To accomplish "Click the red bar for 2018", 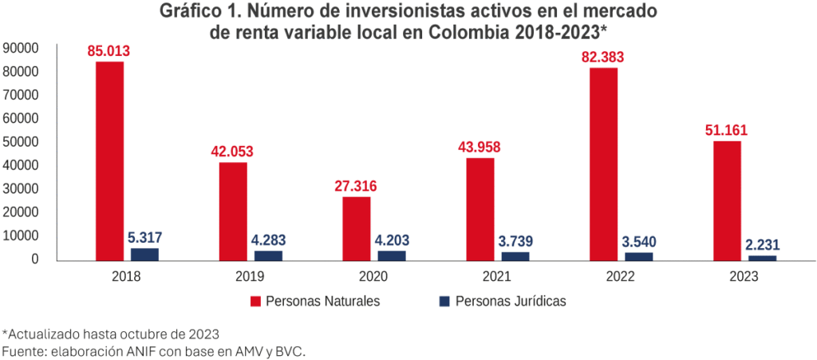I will point(109,160).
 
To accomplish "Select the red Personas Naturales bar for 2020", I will point(356,228).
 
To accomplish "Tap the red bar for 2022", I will point(603,164).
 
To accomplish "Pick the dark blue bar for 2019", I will point(268,255).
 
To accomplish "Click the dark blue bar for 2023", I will point(762,258).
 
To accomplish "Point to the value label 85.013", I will point(109,52).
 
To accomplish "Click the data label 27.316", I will point(356,187).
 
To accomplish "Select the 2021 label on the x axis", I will point(496,276).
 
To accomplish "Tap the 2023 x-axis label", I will point(743,276).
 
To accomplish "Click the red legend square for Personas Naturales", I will point(256,302).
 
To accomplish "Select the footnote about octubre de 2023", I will point(111,334).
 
